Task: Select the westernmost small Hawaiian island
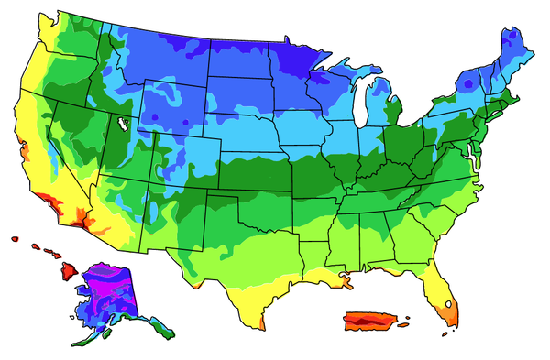(16, 239)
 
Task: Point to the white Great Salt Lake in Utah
(121, 120)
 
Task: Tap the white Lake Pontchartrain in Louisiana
(345, 274)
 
